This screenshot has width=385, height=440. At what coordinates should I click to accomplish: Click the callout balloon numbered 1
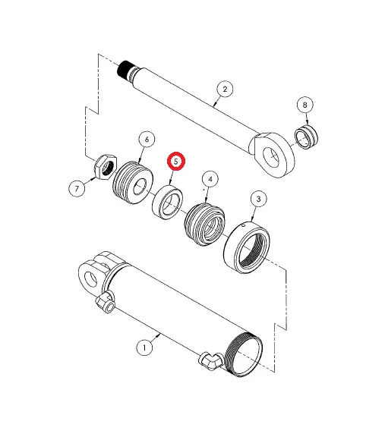pyautogui.click(x=144, y=347)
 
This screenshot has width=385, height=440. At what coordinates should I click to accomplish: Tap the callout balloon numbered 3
pyautogui.click(x=259, y=199)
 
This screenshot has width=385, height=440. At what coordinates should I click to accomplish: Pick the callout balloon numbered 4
pyautogui.click(x=210, y=179)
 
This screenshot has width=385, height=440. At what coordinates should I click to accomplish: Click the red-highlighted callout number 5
pyautogui.click(x=176, y=161)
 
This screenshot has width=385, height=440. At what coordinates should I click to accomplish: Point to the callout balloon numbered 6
pyautogui.click(x=146, y=139)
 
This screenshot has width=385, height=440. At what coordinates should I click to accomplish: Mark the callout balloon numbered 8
pyautogui.click(x=305, y=105)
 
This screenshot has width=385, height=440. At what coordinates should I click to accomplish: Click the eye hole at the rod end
pyautogui.click(x=271, y=156)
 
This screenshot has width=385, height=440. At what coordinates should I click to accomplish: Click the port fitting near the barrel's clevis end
pyautogui.click(x=106, y=304)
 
